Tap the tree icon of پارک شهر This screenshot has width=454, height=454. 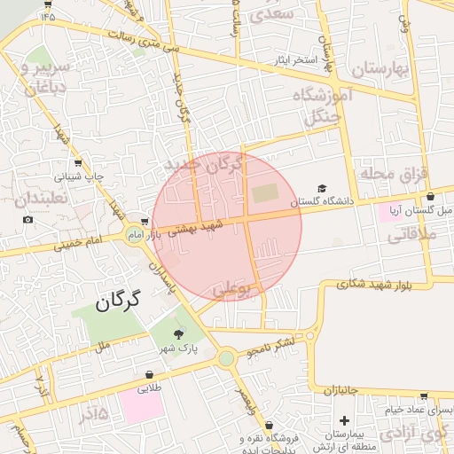[x=180, y=334]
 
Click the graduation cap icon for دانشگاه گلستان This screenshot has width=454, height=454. [x=322, y=188]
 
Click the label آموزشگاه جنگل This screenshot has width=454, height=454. [x=326, y=105]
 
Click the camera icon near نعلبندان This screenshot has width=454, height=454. [x=27, y=219]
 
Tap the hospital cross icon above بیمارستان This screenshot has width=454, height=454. [x=344, y=419]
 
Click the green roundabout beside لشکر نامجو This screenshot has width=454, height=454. [x=226, y=358]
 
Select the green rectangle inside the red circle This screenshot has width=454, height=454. [x=264, y=192]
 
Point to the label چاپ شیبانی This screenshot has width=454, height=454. [x=81, y=176]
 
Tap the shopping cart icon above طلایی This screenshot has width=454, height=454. [x=148, y=375]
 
